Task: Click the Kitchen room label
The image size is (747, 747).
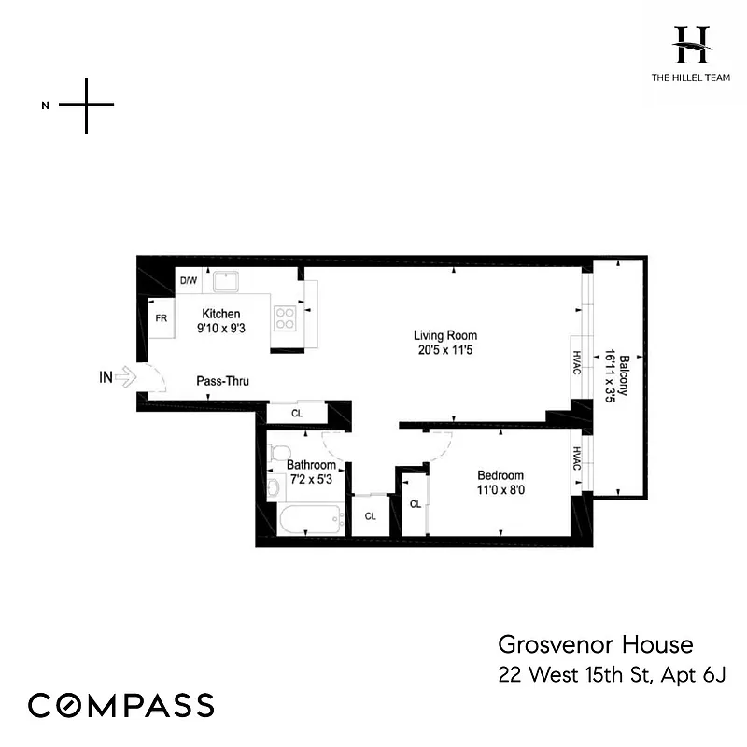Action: (219, 314)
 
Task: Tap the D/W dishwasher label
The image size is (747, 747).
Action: (189, 280)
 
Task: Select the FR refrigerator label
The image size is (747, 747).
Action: (162, 318)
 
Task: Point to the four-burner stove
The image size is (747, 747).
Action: (284, 319)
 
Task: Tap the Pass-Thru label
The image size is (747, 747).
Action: (222, 381)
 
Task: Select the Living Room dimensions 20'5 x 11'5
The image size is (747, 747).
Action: (446, 351)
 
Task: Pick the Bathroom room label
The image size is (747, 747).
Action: (311, 464)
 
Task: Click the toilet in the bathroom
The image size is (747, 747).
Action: (277, 455)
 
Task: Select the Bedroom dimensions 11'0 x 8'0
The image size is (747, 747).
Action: (500, 490)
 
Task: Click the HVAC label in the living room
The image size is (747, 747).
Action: (576, 363)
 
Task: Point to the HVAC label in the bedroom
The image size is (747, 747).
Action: (576, 460)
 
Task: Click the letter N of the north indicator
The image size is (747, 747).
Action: (45, 105)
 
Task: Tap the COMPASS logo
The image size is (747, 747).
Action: (120, 705)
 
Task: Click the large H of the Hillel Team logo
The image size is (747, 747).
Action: (692, 44)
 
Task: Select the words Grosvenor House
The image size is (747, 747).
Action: (595, 644)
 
